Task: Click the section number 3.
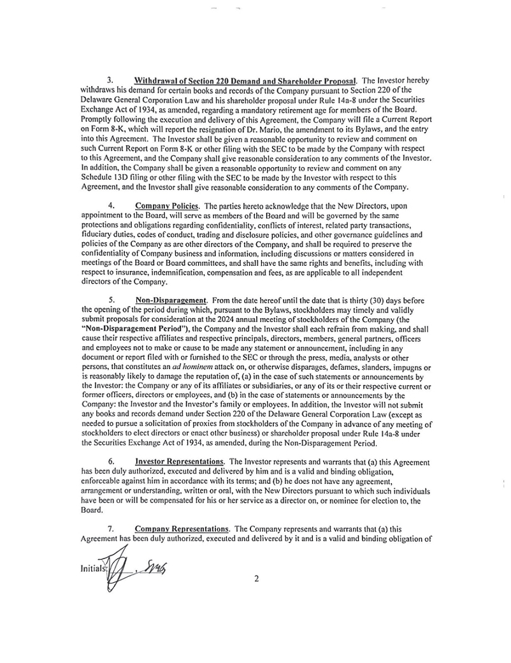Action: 110,80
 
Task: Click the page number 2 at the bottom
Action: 255,579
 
